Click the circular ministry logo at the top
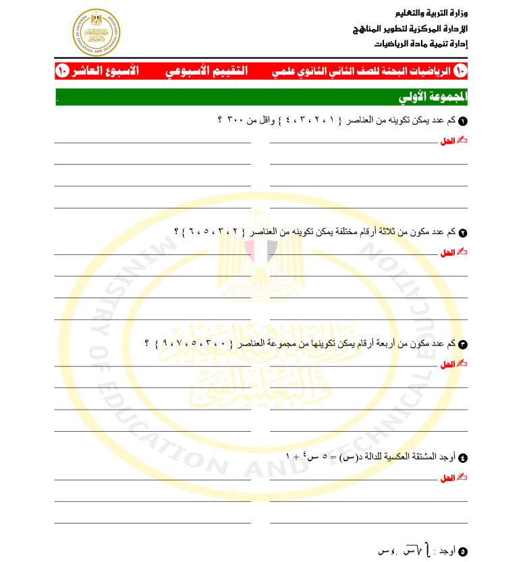(x=95, y=32)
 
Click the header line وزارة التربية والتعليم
(x=429, y=13)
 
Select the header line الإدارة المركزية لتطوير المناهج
(x=411, y=29)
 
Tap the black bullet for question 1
(x=462, y=121)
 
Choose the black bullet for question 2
(x=462, y=233)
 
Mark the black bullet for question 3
(x=462, y=344)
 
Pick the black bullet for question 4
(x=462, y=457)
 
